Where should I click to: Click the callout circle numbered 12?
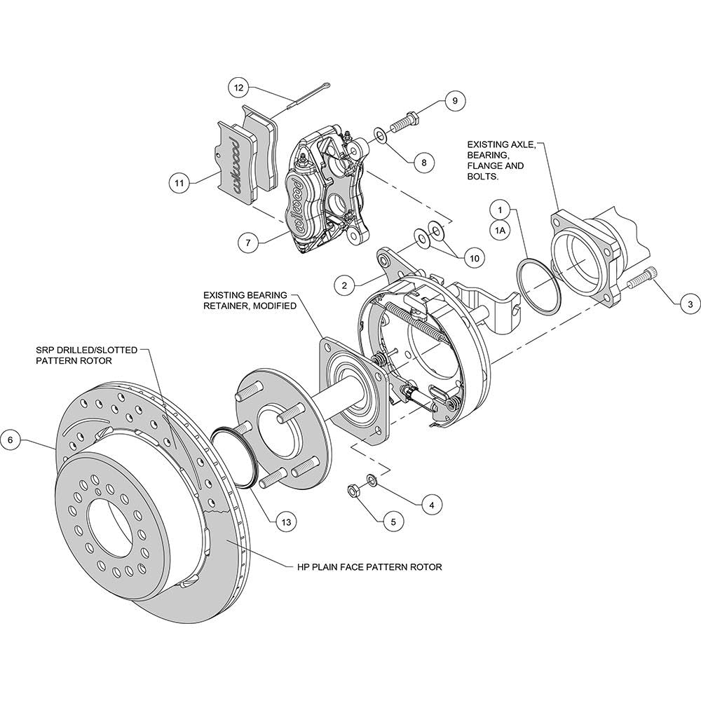[239, 88]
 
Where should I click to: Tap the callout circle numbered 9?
[455, 100]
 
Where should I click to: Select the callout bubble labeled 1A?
[501, 231]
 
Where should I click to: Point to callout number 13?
[286, 522]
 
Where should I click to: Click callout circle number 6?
[11, 440]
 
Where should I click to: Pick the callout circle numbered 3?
[690, 305]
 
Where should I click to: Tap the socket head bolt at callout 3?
[644, 277]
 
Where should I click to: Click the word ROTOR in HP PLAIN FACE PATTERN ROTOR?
[426, 567]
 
